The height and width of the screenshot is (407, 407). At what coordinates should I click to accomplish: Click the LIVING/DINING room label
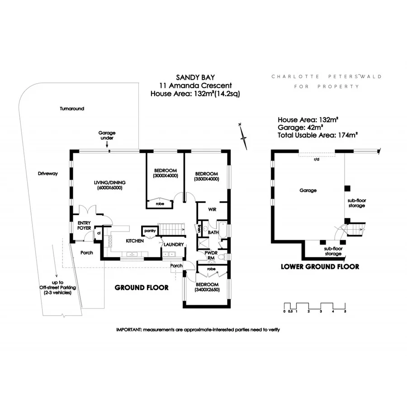tap(109, 182)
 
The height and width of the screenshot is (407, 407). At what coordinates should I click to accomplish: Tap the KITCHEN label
tap(135, 241)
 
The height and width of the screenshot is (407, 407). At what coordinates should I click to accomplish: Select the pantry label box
tap(149, 231)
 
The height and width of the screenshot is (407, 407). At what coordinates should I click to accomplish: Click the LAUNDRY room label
tap(174, 245)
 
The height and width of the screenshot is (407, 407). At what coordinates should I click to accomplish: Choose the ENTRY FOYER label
tap(85, 225)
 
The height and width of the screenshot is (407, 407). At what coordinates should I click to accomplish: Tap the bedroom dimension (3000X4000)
tap(166, 175)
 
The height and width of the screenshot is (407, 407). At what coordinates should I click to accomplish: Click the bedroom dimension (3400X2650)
tap(207, 289)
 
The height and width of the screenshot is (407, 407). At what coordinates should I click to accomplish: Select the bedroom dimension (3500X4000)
tap(206, 179)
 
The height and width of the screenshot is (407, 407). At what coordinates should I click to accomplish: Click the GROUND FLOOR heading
tap(142, 288)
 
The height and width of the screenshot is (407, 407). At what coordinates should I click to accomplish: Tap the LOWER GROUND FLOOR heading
tap(320, 266)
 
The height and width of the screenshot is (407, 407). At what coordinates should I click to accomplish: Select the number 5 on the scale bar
tap(345, 312)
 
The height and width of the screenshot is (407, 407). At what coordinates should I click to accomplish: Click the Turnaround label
tap(72, 109)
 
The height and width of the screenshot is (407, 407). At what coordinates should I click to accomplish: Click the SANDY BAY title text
tap(194, 77)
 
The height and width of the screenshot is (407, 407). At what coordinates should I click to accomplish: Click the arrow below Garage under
tap(107, 145)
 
